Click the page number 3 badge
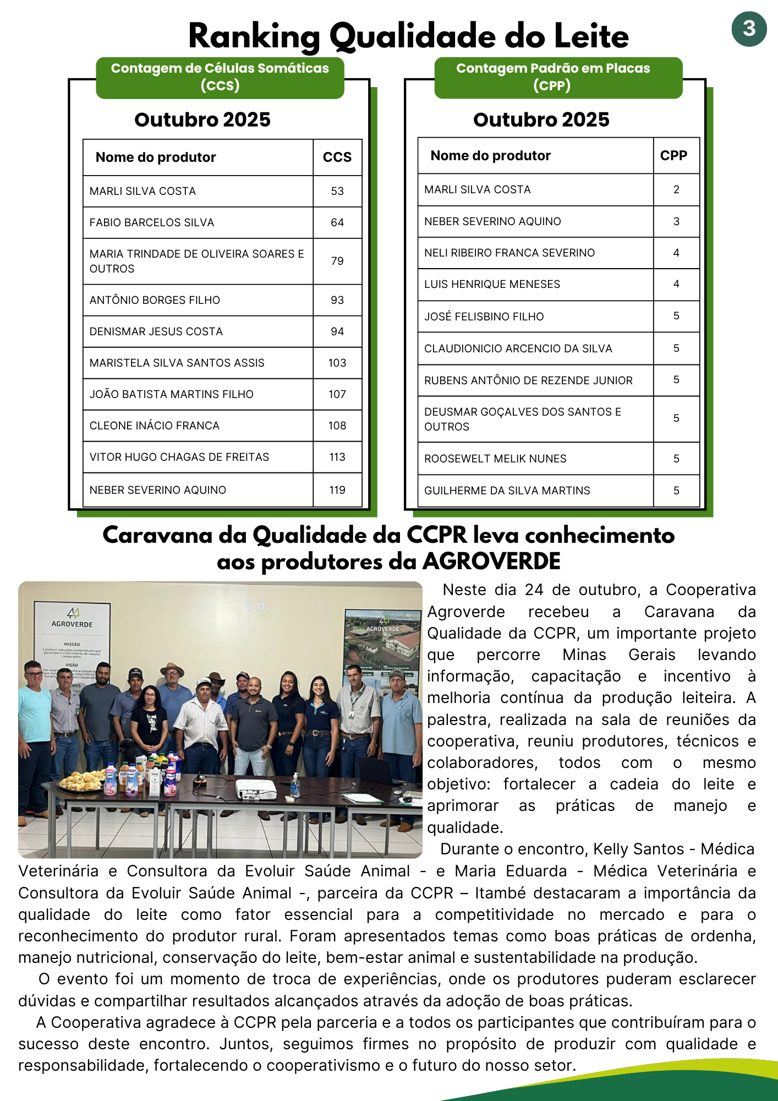(x=749, y=29)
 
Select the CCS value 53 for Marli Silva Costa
(x=337, y=191)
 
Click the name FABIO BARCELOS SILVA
(x=152, y=222)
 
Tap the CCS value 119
(x=337, y=490)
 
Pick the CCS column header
(x=337, y=157)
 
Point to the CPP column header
(x=673, y=156)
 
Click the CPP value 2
(x=676, y=190)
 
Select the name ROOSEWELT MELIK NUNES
(x=495, y=459)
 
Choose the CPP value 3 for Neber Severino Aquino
(x=676, y=221)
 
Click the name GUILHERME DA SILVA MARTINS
(x=507, y=490)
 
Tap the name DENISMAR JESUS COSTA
(x=156, y=331)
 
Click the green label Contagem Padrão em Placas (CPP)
(x=553, y=77)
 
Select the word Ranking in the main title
(x=254, y=37)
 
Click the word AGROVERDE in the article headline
(x=491, y=562)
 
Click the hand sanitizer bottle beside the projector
(x=295, y=785)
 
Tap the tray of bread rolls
(x=83, y=780)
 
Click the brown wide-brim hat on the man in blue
(x=172, y=669)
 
